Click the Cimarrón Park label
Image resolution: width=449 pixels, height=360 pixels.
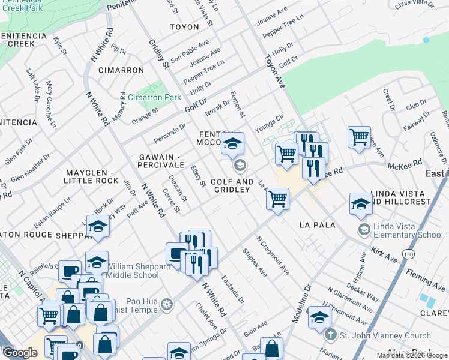pos(154,97)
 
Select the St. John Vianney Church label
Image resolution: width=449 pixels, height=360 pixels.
pos(385,335)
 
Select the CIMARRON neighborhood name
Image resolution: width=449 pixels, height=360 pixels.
pos(121,70)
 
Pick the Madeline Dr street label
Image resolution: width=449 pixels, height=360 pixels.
pos(303,304)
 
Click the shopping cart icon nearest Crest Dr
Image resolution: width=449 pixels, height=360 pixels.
pos(358,137)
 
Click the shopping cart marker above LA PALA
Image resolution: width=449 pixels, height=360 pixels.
pos(277,198)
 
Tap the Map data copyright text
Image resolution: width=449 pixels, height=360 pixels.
pos(412,355)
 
